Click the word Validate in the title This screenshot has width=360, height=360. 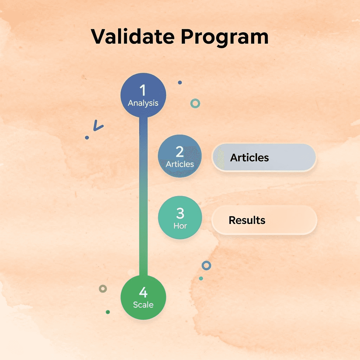[132, 37]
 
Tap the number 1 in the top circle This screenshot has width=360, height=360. [143, 90]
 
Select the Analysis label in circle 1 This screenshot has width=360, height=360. [143, 103]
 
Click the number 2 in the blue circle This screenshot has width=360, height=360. [180, 152]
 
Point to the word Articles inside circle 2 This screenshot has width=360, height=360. [180, 164]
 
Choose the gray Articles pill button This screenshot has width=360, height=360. [264, 157]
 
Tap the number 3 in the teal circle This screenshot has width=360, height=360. [180, 213]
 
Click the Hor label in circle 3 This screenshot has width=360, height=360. [180, 226]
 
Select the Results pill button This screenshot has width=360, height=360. [264, 220]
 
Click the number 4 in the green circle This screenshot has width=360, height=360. [143, 292]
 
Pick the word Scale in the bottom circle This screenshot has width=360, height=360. [143, 305]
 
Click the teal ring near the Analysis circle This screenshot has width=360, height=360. [195, 103]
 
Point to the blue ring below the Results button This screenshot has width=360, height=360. [206, 265]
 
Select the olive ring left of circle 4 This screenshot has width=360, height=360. [103, 289]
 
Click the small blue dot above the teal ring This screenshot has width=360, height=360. [180, 83]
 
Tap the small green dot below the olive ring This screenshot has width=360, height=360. [108, 312]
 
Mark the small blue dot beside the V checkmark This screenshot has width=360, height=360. [87, 137]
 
